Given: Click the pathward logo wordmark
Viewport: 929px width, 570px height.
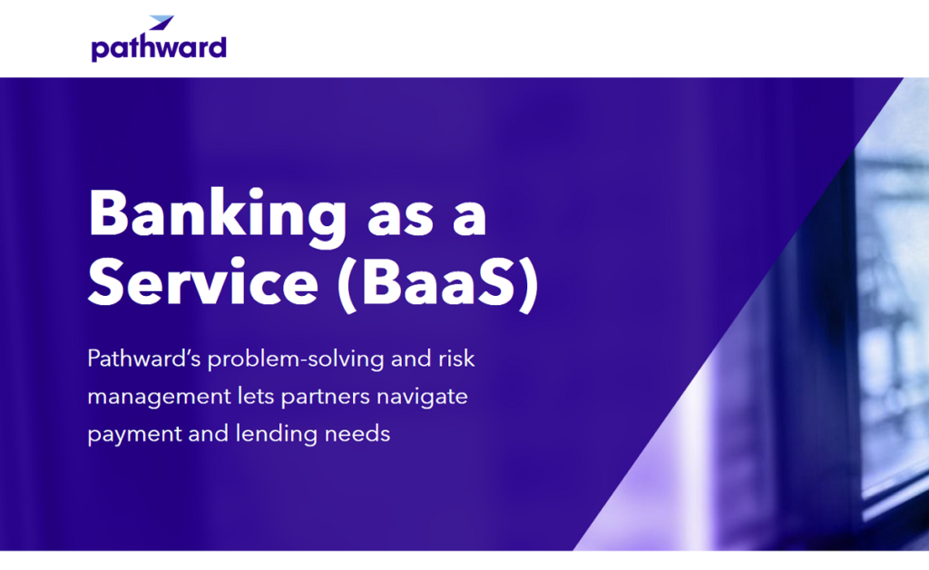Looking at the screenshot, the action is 159,47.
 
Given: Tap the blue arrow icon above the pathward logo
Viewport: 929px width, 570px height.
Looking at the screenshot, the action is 161,23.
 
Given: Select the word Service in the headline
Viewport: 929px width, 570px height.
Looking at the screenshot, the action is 203,283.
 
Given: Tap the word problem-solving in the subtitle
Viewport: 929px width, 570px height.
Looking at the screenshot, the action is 296,359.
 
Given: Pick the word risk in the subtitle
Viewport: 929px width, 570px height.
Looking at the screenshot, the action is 456,359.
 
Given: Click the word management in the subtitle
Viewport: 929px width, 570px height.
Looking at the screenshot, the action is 159,397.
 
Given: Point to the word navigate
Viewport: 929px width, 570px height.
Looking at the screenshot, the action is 422,397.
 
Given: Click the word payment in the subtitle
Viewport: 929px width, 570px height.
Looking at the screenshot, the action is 134,435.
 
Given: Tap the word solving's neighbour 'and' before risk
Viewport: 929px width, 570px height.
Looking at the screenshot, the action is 411,359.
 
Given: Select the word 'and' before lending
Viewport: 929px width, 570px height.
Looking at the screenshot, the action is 209,435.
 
